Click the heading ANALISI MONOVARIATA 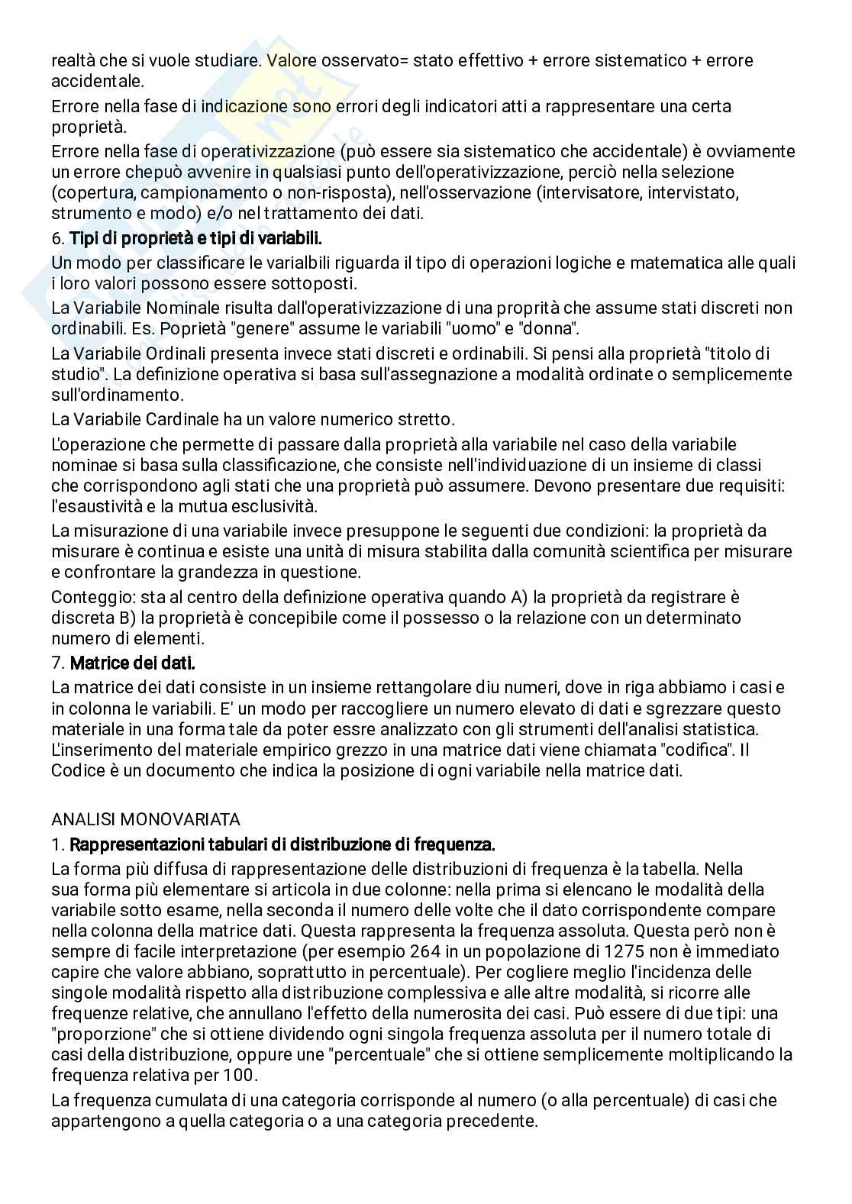pyautogui.click(x=145, y=819)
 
